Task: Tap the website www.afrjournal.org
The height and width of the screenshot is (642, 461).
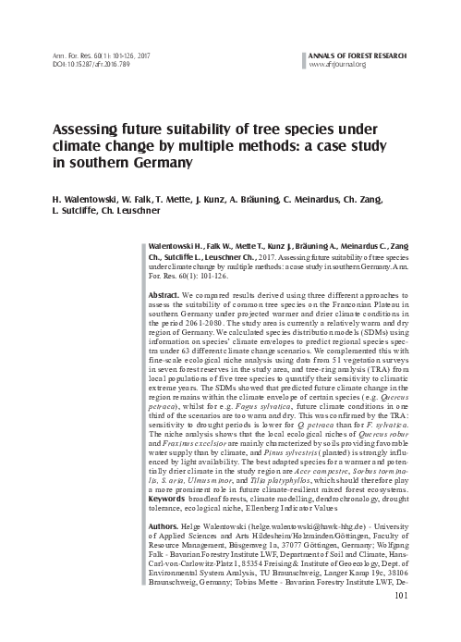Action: pyautogui.click(x=340, y=64)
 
